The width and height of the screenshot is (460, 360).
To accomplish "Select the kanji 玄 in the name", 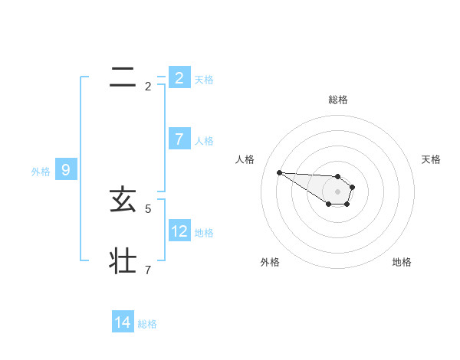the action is (x=123, y=201).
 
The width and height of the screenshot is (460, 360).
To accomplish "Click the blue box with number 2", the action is (x=179, y=77).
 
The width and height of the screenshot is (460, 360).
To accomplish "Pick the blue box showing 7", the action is (x=179, y=139).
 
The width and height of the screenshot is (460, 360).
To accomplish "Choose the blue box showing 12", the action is (x=179, y=231).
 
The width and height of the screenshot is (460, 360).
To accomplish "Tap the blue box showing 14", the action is (x=123, y=322).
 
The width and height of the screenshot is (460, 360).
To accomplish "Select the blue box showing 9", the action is (x=66, y=170).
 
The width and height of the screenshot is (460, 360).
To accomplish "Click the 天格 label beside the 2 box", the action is (x=204, y=79).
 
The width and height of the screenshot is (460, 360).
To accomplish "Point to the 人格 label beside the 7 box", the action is (x=204, y=141).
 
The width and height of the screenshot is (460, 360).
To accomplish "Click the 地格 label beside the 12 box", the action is (x=204, y=233).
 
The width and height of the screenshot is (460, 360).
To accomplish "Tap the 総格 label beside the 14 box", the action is (x=147, y=324).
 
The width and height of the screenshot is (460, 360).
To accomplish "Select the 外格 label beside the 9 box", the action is (x=41, y=172).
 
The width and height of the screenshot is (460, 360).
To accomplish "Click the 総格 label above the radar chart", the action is (x=338, y=100).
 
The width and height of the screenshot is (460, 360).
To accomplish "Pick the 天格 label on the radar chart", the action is (x=431, y=159).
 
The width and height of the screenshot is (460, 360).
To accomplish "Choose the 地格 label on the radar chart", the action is (x=402, y=262).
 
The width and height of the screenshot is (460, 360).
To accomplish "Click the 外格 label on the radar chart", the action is (x=270, y=262).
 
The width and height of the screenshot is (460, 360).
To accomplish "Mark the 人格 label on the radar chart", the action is (x=245, y=159).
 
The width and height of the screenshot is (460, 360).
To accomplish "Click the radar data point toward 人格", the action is (x=280, y=172).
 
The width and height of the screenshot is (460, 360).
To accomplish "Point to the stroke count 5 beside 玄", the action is (x=148, y=208).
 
